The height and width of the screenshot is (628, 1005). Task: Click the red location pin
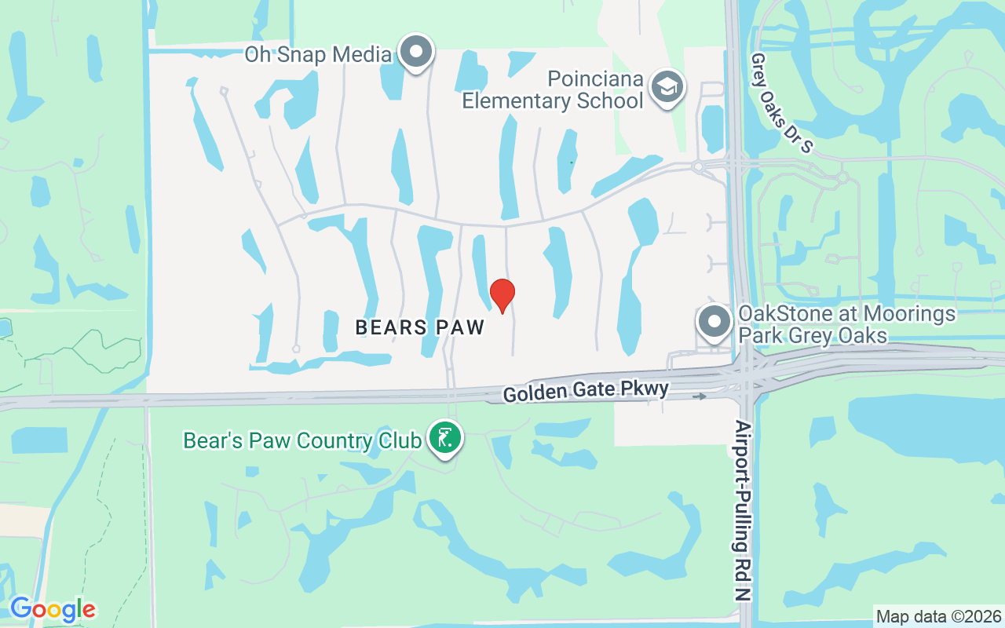point(502,294)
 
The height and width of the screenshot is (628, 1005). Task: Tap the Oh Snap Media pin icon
point(416,53)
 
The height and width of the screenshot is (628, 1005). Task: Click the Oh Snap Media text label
point(318,54)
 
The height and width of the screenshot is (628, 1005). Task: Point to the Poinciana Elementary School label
point(553,90)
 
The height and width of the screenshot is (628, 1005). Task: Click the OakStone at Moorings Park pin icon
point(714,322)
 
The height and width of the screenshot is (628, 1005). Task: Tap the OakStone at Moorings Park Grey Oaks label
point(846,325)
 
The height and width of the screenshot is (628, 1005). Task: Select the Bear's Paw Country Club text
point(301,440)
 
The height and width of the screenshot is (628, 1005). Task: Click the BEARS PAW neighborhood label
point(420,327)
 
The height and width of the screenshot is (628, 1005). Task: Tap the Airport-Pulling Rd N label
point(743,510)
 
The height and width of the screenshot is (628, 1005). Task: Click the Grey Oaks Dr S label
point(781,103)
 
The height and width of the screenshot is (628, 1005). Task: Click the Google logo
point(53,609)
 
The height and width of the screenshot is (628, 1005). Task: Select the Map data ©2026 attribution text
point(939,616)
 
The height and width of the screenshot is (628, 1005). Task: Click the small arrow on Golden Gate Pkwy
point(699,396)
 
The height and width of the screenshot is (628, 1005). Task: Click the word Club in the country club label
point(399,440)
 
